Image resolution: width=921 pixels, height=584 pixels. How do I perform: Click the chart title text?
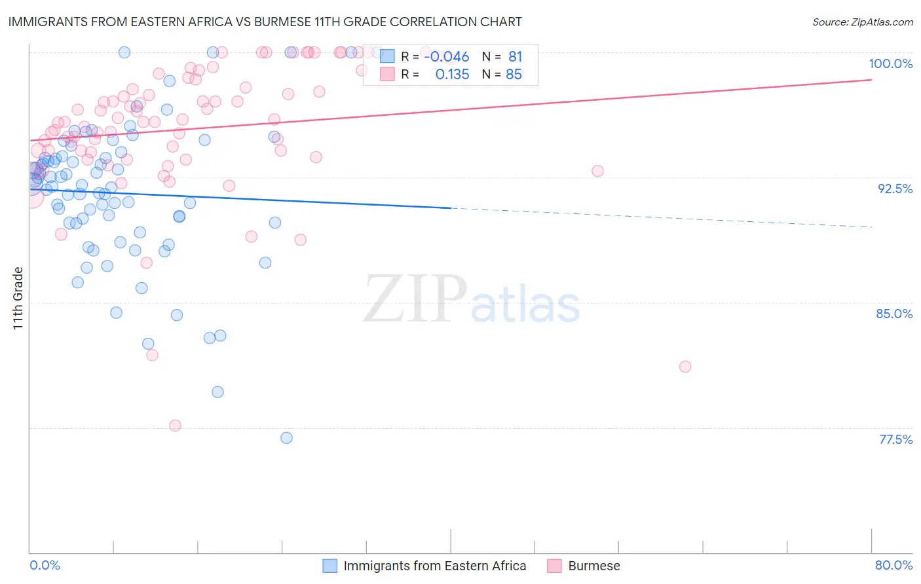tap(265, 22)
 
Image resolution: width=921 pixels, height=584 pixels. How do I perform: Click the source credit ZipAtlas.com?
tap(862, 22)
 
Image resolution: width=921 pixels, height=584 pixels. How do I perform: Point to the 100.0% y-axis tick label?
tap(890, 64)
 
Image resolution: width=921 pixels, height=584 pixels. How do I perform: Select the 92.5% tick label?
tap(895, 189)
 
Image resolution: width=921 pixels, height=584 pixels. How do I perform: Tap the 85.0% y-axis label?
tap(894, 314)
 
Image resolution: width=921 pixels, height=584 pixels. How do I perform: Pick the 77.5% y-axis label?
tap(895, 439)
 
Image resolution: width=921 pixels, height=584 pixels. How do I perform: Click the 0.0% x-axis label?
tap(45, 565)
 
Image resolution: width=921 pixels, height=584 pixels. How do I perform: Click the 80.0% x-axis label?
tap(893, 565)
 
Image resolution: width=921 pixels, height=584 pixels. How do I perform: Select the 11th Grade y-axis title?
tap(18, 298)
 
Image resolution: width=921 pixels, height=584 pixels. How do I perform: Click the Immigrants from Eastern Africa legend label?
tap(434, 566)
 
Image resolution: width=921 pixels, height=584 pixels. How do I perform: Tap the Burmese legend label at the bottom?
tap(593, 566)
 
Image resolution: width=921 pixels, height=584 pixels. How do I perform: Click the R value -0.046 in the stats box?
tap(447, 57)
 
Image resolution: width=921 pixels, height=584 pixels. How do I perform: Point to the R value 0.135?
tap(452, 75)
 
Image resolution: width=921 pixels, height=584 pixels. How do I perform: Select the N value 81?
tap(515, 57)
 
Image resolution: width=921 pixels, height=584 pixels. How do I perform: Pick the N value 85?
tap(514, 75)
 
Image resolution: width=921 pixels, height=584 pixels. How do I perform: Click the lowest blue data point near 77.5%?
tap(286, 438)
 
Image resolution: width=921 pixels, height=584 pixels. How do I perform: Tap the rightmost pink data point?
tap(685, 367)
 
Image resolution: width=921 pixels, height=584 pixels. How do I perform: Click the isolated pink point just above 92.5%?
tap(597, 171)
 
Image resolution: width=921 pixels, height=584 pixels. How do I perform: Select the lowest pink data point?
tap(175, 426)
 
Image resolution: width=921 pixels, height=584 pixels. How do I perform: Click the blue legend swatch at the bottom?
tap(329, 566)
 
